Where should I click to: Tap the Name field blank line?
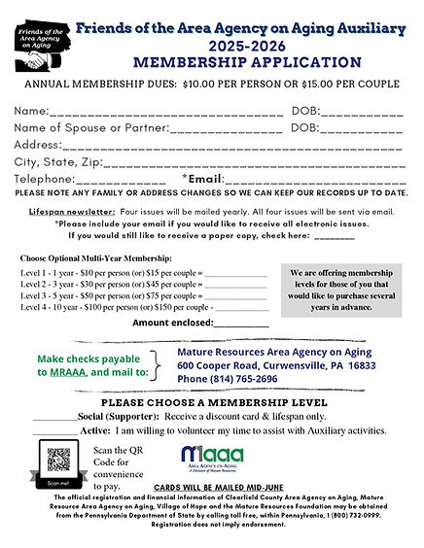[x=165, y=112]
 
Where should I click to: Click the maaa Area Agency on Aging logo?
[x=211, y=458]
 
